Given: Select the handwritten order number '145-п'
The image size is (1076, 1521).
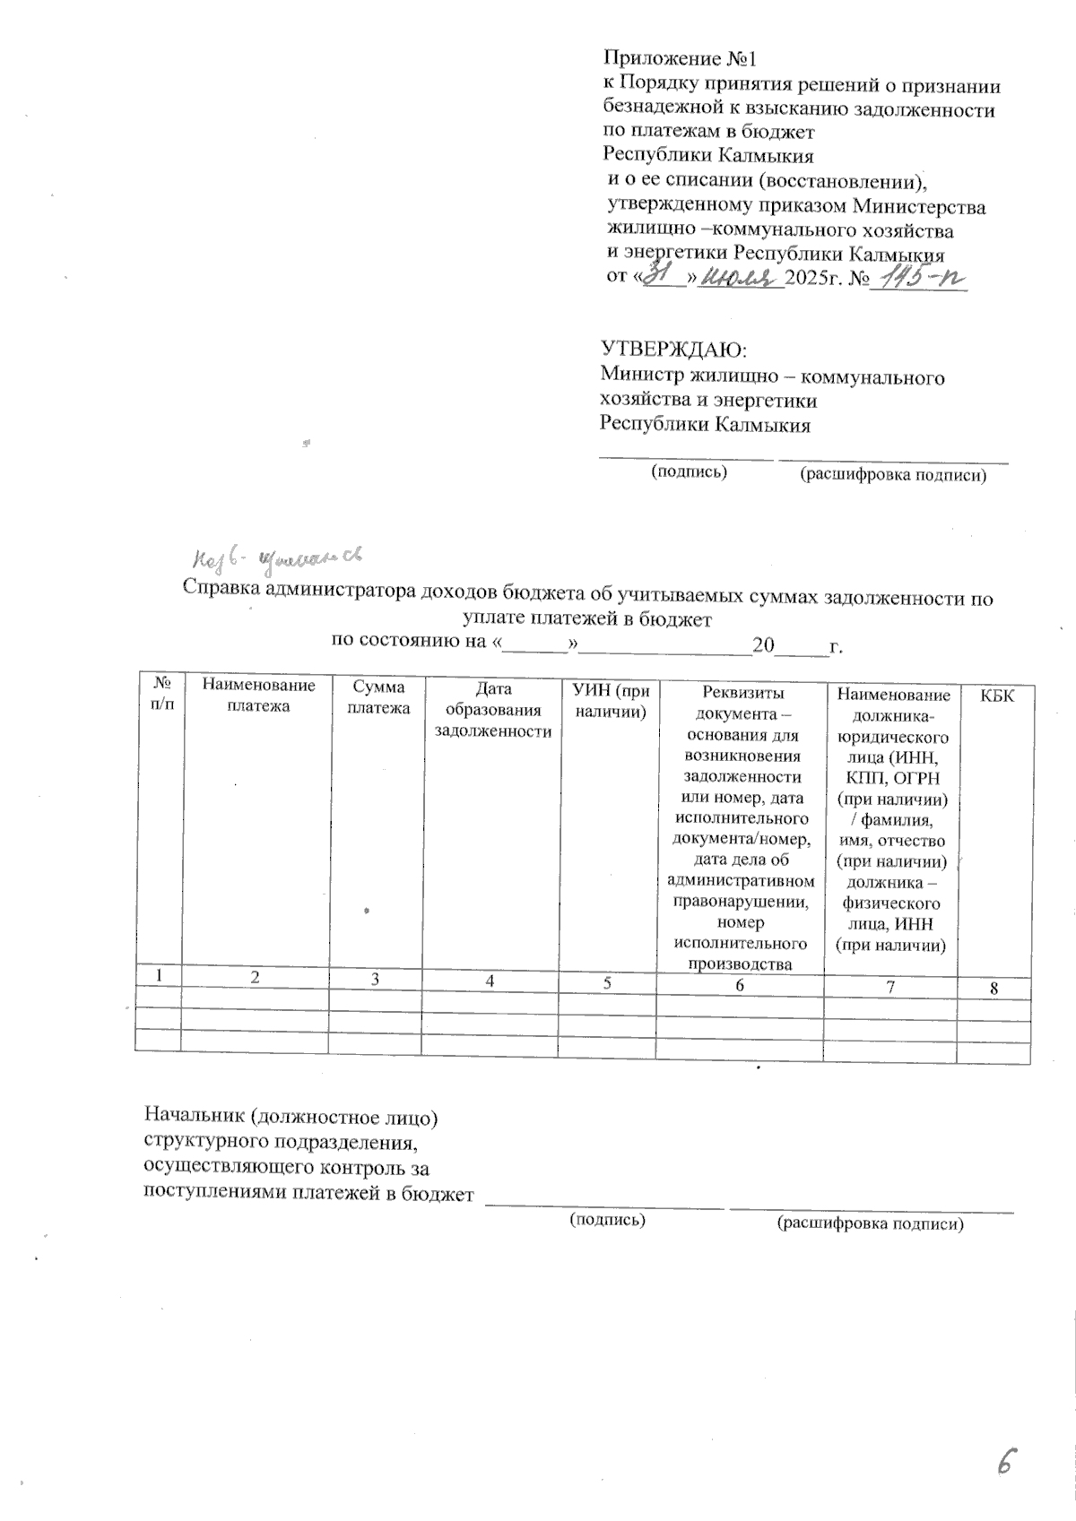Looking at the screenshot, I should (918, 279).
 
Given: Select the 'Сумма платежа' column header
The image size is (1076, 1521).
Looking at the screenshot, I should (378, 697).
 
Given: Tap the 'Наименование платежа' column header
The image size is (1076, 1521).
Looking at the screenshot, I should (258, 696).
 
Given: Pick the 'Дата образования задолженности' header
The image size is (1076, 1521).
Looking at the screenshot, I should (492, 711).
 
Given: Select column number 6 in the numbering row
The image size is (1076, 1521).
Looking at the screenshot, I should (739, 985).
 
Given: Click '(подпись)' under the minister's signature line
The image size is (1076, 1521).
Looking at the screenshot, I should (689, 471).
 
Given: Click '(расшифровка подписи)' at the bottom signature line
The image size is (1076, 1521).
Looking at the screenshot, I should (871, 1223).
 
